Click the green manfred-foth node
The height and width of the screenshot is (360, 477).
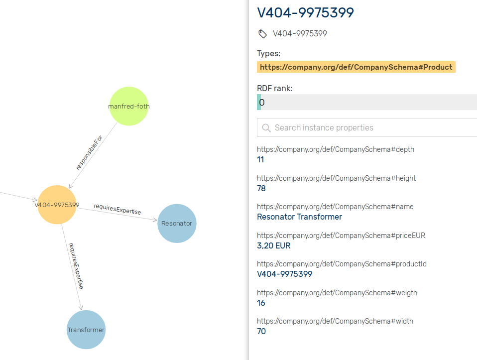tap(128, 106)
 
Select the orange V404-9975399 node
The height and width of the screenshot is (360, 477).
tap(57, 205)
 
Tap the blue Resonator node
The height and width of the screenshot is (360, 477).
tap(177, 224)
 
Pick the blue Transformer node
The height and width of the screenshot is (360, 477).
tap(86, 330)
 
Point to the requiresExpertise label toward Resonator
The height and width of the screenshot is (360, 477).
tap(117, 209)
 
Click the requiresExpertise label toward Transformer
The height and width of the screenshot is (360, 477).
tap(76, 266)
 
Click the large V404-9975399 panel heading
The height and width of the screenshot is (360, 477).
tap(305, 12)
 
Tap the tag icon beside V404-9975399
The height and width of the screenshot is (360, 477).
tap(262, 34)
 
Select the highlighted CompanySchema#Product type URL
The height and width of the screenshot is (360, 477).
tap(356, 67)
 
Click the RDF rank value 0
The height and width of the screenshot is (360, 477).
tap(262, 103)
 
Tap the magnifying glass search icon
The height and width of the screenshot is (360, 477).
tap(266, 128)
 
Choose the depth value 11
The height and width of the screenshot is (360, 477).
tap(260, 160)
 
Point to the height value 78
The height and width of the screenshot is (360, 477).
tap(261, 188)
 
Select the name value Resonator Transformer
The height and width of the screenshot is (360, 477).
tap(299, 217)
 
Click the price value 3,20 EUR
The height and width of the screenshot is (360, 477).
tap(273, 245)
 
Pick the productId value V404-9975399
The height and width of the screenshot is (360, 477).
tap(284, 274)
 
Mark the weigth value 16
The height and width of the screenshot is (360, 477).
tap(261, 303)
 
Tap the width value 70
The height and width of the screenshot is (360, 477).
tap(261, 331)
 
